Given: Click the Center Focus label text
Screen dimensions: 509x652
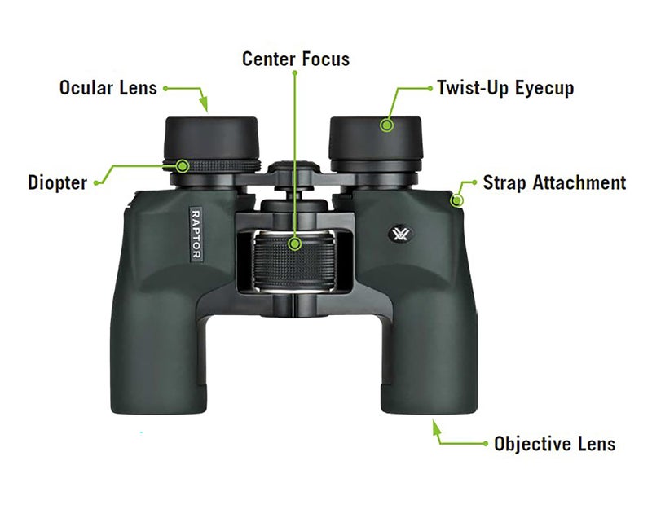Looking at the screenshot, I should (x=295, y=59).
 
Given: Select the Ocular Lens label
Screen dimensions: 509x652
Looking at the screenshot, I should (x=108, y=87).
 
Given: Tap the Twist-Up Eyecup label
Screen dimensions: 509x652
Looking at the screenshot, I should (x=504, y=88).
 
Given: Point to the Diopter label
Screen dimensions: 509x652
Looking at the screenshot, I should (x=57, y=182).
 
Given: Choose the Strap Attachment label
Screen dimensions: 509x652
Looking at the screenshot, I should (x=554, y=182).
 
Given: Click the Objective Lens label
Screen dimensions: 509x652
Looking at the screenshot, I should (x=554, y=444).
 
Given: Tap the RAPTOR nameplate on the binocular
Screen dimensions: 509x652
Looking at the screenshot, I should (x=196, y=233).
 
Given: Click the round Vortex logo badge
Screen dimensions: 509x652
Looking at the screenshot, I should (x=399, y=234).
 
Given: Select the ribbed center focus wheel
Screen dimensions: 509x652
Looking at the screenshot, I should (x=295, y=261).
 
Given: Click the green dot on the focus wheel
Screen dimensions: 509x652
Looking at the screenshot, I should (x=295, y=243).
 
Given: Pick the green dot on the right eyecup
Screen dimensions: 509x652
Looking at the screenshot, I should (x=388, y=125).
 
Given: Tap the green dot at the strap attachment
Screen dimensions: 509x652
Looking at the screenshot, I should (x=458, y=200).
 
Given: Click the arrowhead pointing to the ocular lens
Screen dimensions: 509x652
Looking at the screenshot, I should (x=205, y=106).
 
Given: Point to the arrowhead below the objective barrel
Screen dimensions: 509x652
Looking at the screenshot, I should (x=435, y=425).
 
